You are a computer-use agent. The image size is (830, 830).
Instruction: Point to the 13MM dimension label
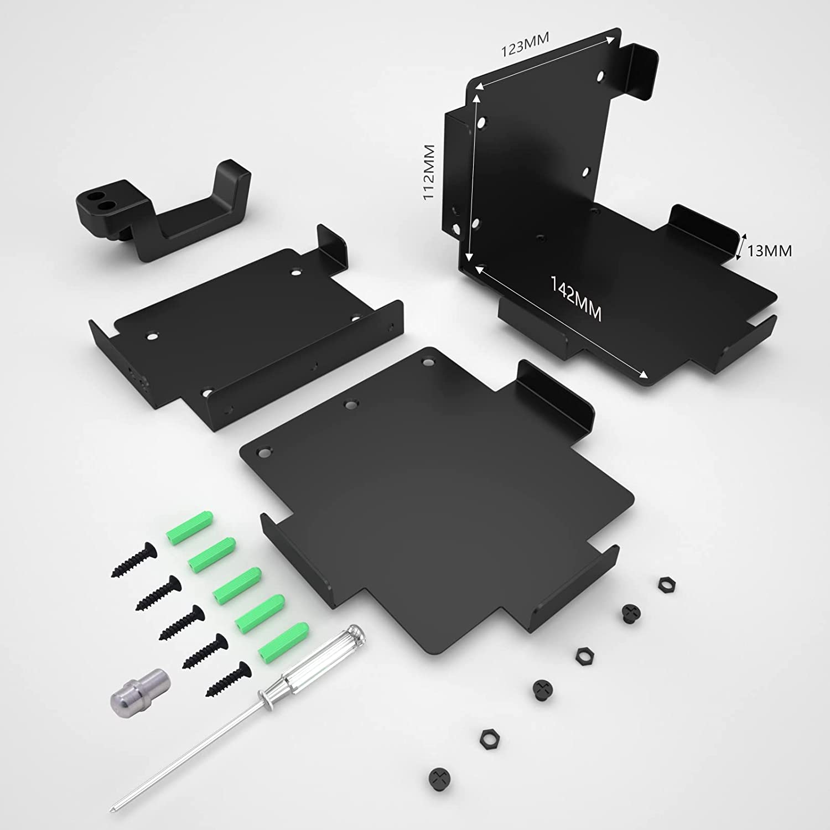[769, 251]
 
